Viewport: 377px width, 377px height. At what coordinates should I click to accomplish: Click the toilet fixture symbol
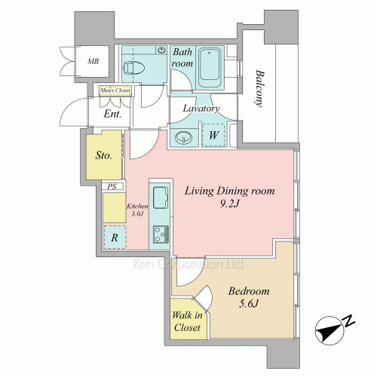coord(133,68)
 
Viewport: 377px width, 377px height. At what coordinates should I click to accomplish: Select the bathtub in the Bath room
coord(210,67)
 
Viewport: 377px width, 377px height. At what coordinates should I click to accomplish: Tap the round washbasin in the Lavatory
coord(184,138)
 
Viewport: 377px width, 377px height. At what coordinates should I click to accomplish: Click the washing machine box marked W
coord(213,135)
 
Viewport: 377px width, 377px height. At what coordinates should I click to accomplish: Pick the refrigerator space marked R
coord(115,237)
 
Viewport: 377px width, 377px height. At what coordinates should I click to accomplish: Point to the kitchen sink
coord(161,198)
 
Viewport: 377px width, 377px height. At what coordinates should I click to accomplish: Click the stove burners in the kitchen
coord(161,234)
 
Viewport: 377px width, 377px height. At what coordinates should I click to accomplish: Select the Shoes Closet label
coord(115,90)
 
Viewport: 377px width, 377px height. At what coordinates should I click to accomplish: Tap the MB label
coord(93,61)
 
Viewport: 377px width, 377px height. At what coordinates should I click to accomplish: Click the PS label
coord(112,187)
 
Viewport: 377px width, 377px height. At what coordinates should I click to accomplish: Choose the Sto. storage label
coord(103,155)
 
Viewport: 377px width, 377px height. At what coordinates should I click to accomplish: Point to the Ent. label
coord(112,114)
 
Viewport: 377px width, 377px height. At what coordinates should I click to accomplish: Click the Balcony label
coord(259,88)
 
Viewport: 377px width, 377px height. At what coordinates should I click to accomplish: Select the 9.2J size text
coord(229,204)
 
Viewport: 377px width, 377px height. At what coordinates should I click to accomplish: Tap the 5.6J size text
coord(249,304)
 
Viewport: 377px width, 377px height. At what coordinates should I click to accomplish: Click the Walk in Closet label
coord(187,321)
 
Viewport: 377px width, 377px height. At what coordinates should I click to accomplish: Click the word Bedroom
coord(249,291)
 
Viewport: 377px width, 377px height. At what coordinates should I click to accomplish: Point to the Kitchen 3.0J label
coord(137,210)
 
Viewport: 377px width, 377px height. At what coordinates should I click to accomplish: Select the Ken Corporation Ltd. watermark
coord(188,264)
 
